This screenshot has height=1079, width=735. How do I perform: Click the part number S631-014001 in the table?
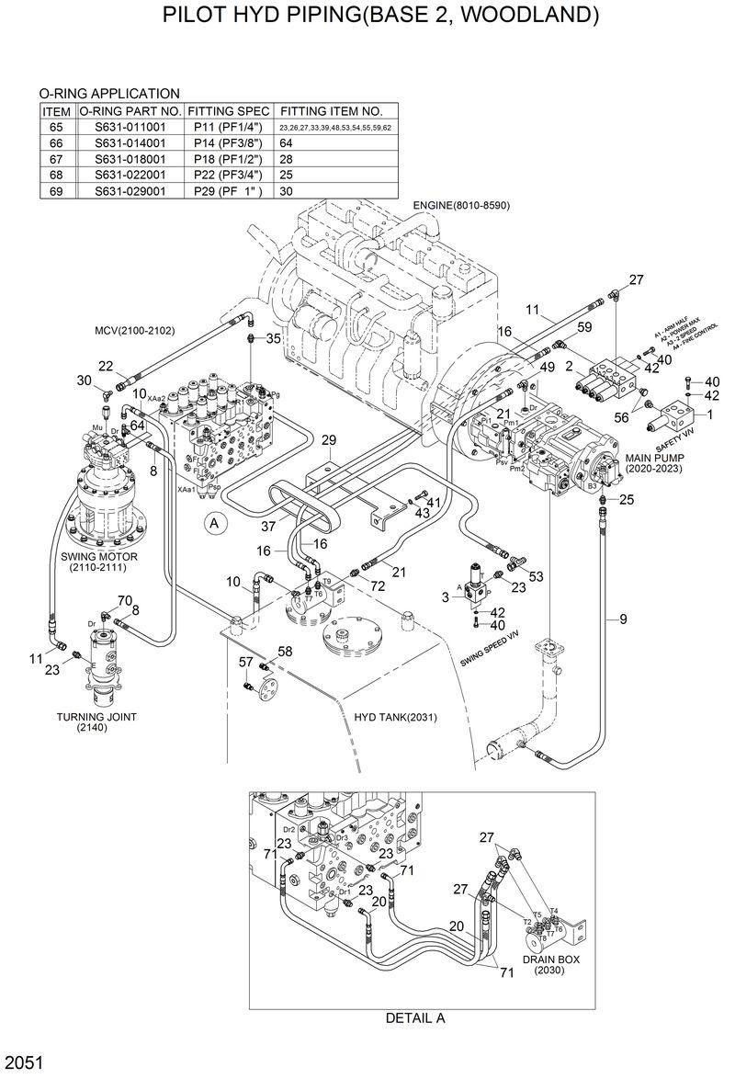[x=130, y=142]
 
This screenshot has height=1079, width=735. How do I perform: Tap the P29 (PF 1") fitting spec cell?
[x=228, y=191]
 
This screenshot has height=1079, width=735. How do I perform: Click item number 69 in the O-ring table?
[x=55, y=191]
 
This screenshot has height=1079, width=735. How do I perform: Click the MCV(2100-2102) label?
[x=134, y=330]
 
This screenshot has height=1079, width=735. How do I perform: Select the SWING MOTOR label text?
[x=98, y=557]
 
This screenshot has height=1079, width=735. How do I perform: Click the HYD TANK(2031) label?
[x=395, y=717]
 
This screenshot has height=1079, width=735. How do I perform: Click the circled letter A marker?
[x=215, y=524]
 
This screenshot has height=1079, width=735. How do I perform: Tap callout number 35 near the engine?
[x=273, y=339]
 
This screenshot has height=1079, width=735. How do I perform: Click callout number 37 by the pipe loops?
[x=268, y=526]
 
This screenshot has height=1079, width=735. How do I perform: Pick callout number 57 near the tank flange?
[x=245, y=662]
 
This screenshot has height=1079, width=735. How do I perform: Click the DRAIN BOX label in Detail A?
[x=552, y=960]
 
